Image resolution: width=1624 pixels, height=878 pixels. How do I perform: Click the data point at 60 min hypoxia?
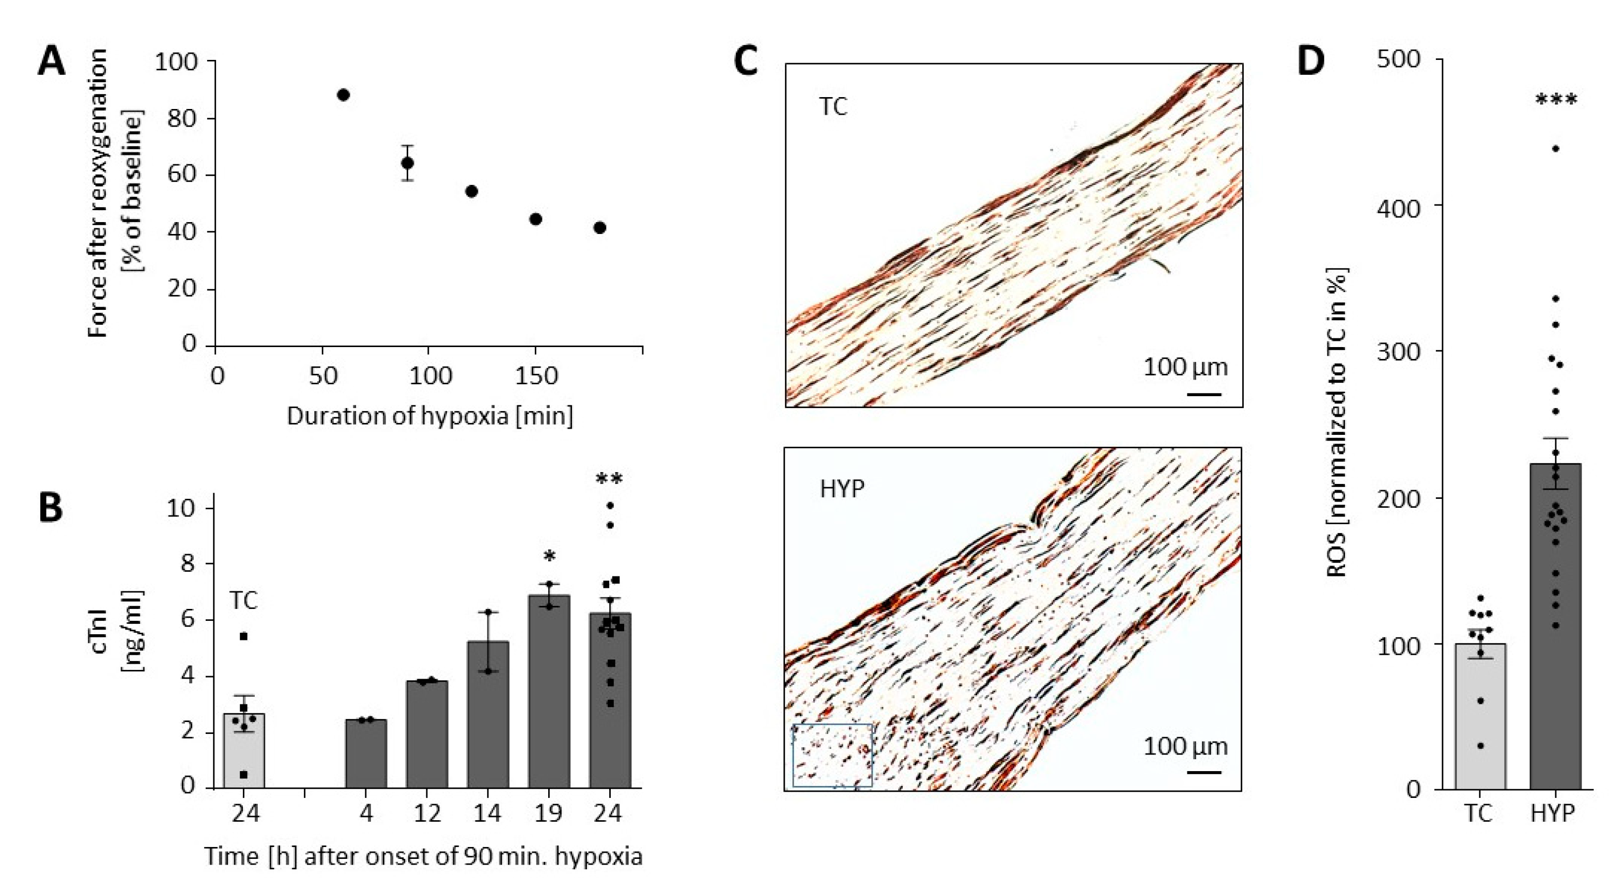click(x=344, y=95)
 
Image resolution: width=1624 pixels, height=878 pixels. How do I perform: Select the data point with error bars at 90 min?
click(x=408, y=163)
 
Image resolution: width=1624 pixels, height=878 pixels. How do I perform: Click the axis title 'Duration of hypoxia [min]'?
click(x=430, y=416)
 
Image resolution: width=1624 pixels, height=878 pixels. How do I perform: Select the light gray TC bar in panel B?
click(x=244, y=750)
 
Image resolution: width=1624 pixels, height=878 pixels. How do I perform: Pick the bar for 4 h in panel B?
click(x=366, y=753)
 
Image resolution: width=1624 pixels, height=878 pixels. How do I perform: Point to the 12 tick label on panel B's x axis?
click(x=427, y=813)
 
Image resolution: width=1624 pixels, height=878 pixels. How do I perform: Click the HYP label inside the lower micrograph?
click(x=842, y=489)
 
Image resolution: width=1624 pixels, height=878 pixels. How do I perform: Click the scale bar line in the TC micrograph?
click(x=1203, y=395)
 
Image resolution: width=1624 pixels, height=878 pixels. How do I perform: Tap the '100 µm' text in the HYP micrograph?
click(x=1185, y=747)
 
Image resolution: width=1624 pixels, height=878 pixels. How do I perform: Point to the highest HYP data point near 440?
click(x=1555, y=149)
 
